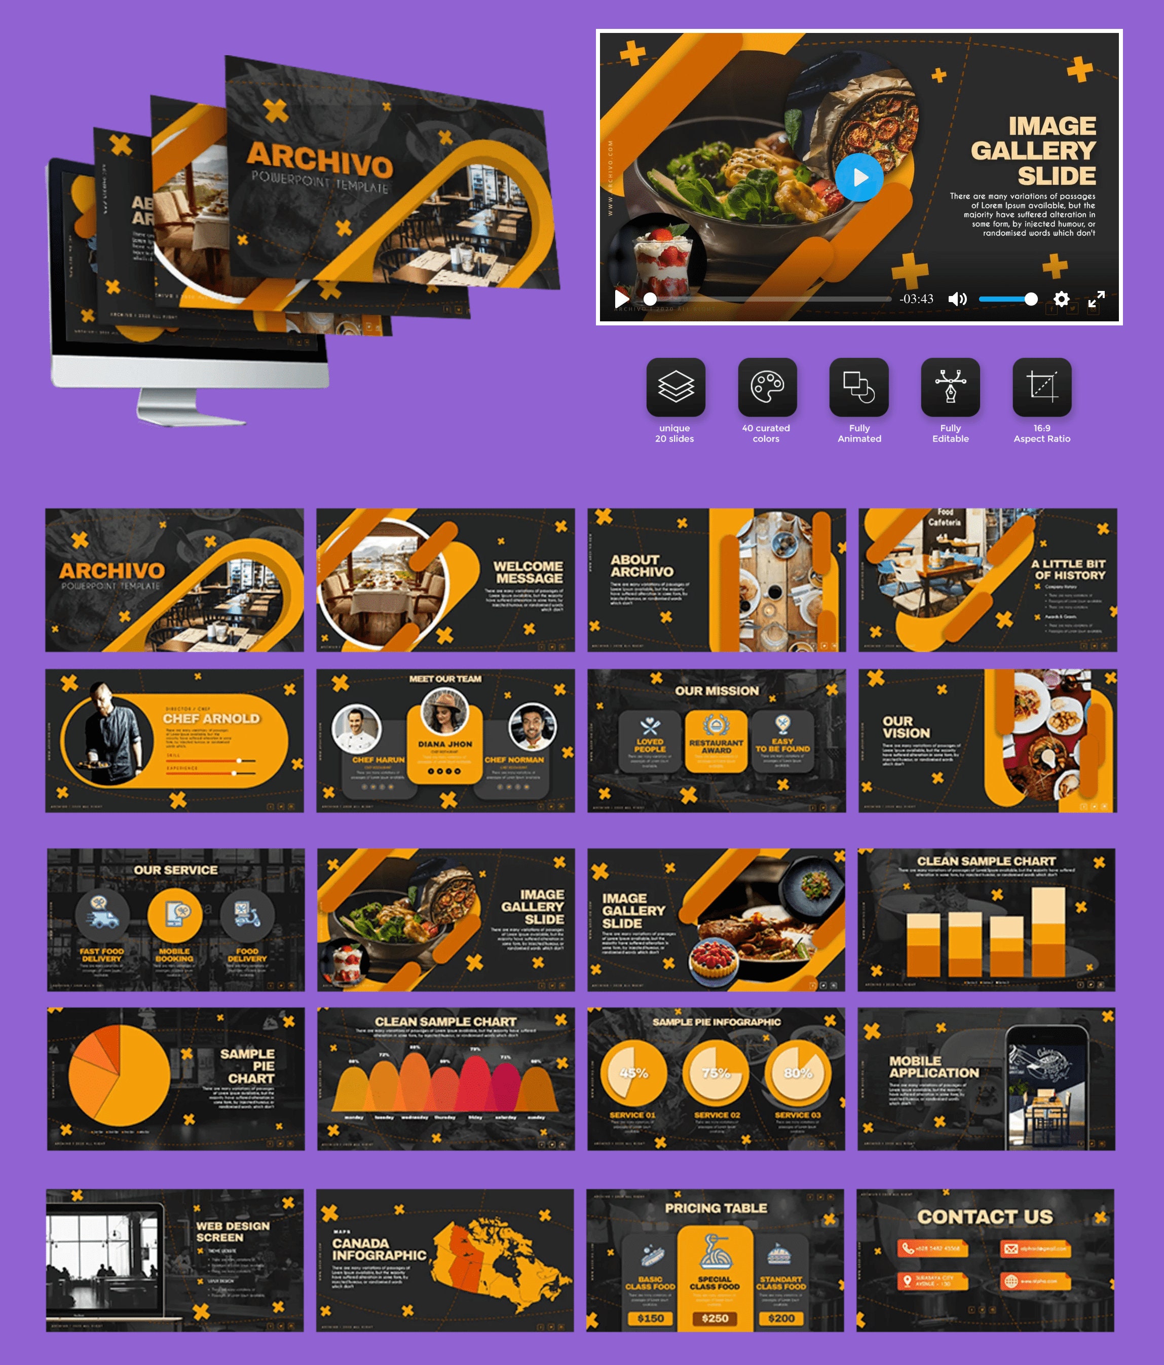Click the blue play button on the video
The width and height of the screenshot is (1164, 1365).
[x=859, y=177]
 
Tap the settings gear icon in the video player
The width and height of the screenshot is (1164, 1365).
[x=1061, y=299]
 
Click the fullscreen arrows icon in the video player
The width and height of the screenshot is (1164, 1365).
[x=1096, y=299]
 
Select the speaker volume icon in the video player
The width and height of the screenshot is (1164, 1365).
[x=957, y=299]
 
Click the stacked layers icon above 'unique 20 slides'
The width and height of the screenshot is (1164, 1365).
[x=675, y=387]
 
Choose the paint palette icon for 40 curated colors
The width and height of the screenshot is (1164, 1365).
[x=767, y=387]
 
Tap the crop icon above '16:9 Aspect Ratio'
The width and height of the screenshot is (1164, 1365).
[x=1041, y=387]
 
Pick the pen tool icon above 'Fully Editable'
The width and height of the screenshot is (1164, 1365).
[x=950, y=387]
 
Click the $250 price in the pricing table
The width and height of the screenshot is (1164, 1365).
[x=715, y=1318]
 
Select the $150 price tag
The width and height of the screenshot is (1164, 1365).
[x=650, y=1318]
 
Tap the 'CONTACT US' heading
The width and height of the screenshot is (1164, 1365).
[x=985, y=1217]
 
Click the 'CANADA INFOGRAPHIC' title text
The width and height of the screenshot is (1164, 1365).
[x=379, y=1249]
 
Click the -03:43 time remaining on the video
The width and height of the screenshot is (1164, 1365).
[x=916, y=299]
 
